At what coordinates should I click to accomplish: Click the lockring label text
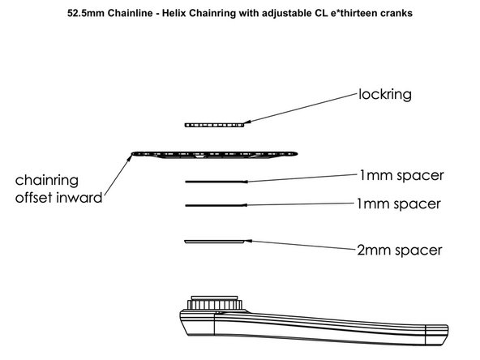click(x=386, y=94)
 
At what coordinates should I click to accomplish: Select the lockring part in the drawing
click(x=214, y=125)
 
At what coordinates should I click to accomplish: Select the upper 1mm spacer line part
click(x=215, y=181)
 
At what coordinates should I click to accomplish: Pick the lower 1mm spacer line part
click(x=215, y=206)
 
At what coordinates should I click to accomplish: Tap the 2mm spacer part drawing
click(x=214, y=241)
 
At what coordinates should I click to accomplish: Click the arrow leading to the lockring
click(x=300, y=109)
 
